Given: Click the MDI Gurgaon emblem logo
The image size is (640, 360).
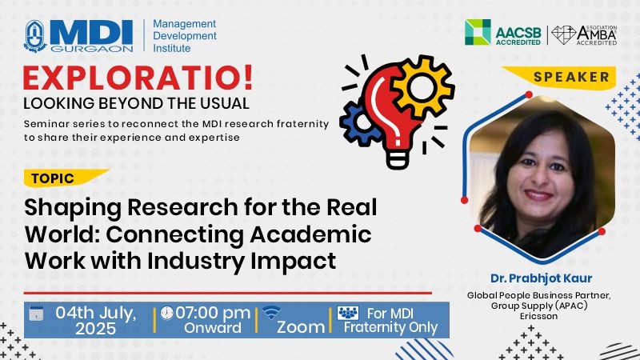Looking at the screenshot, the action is [x=35, y=36].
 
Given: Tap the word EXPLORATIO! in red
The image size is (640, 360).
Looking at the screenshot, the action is [x=138, y=78].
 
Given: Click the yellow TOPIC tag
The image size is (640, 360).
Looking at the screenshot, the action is [x=66, y=178].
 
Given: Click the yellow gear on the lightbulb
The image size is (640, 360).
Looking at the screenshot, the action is [x=422, y=87].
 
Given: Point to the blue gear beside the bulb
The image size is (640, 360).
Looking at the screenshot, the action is [x=357, y=122].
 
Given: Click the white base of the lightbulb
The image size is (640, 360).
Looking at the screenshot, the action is [x=397, y=158].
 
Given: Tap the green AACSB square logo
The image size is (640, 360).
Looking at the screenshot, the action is [x=478, y=32].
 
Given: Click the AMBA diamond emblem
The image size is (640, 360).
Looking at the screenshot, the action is [x=563, y=35].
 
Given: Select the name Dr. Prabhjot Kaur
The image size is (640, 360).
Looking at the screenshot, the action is [x=542, y=278].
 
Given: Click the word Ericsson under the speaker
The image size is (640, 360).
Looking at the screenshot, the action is [x=538, y=316].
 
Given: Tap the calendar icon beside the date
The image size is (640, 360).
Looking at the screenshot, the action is [x=36, y=313].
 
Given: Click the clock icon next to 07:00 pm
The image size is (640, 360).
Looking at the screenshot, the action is [x=166, y=313].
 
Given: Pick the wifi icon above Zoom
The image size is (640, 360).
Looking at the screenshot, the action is [x=271, y=313].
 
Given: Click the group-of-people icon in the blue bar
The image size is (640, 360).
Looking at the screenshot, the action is [x=348, y=313].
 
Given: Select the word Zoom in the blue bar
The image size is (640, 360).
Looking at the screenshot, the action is [x=301, y=327].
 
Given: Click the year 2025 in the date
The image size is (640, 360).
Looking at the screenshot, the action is [x=95, y=329].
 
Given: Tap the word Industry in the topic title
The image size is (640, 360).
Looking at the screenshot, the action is [x=195, y=262].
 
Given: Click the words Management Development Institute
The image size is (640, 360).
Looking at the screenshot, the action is [x=185, y=36].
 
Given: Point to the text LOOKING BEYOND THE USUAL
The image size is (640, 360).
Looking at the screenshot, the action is [x=136, y=103].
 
